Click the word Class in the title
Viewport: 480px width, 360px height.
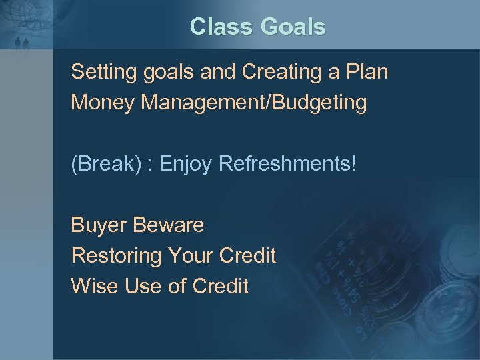coord(220,27)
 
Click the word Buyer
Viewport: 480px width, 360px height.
coord(99,225)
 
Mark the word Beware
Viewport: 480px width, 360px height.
coord(168,225)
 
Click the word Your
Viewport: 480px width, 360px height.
coord(189,256)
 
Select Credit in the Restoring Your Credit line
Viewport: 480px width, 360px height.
coord(247,256)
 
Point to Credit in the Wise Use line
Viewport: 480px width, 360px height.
coord(220,287)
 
